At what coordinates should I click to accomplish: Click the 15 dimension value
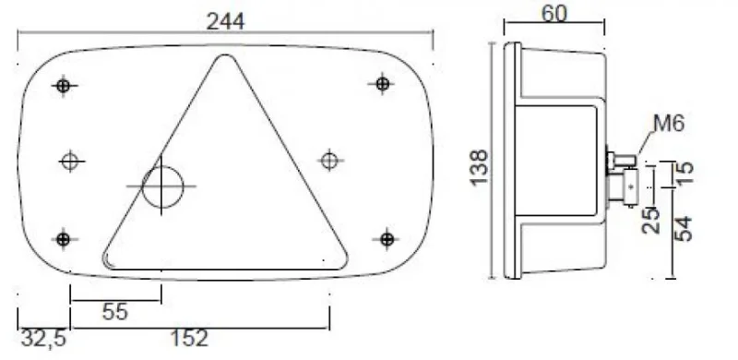(683, 173)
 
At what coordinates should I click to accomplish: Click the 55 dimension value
(114, 312)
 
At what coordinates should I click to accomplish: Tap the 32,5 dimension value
(43, 340)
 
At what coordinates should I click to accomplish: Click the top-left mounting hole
(63, 86)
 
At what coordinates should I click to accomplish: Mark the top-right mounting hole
(383, 84)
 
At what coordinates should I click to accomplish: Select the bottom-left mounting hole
(63, 240)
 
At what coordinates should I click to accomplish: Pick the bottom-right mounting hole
(383, 238)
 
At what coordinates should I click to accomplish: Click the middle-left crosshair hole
(68, 162)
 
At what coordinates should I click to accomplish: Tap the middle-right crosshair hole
(328, 161)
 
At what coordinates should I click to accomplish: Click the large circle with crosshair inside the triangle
(162, 187)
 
